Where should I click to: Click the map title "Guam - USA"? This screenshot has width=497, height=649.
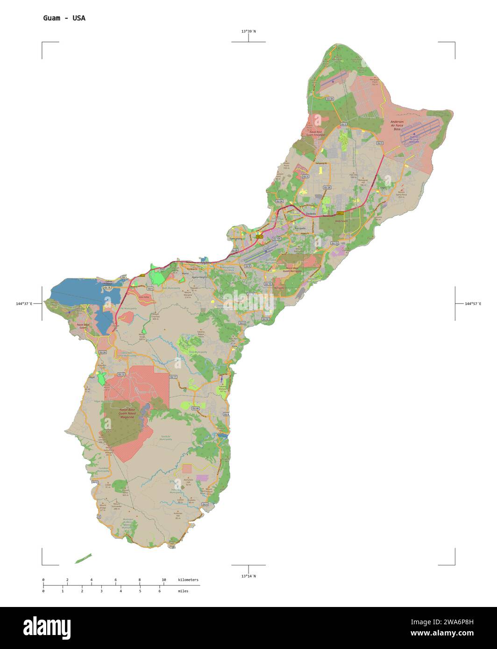64,18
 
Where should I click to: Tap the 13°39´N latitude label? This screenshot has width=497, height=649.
248,31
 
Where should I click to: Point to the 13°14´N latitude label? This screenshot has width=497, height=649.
248,576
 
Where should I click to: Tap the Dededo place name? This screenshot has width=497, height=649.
311,214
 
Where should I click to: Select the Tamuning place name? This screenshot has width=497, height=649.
236,239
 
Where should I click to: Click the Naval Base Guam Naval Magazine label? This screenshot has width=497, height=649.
127,413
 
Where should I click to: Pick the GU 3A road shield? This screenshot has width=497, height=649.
330,99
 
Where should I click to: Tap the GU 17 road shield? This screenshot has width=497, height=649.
173,376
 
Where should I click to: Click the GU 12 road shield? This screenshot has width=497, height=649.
121,374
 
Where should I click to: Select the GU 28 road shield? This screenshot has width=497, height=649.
327,187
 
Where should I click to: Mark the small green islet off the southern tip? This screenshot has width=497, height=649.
83,558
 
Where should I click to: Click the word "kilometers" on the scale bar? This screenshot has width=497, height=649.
188,580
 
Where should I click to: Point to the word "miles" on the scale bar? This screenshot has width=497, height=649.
183,591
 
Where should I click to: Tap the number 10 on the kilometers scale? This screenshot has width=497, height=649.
163,580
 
